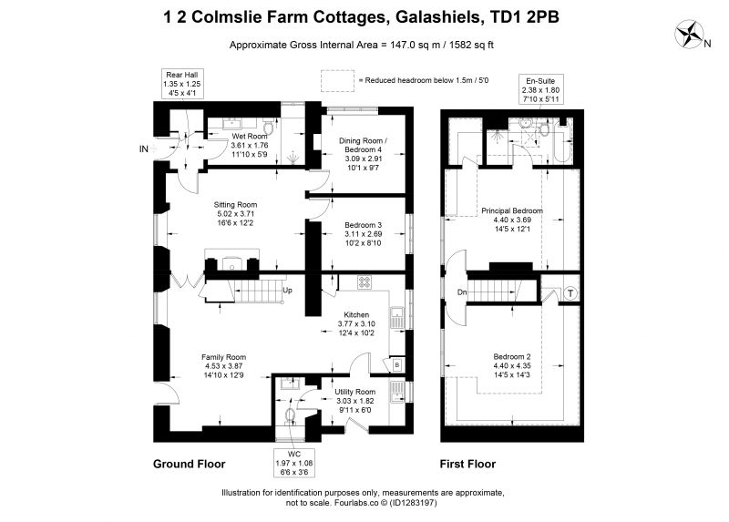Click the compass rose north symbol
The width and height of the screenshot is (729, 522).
[x=690, y=34]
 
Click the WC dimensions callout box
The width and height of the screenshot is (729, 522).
[x=294, y=463]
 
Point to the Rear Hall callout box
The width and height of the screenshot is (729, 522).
[x=181, y=84]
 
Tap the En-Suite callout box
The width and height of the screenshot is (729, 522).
[x=540, y=89]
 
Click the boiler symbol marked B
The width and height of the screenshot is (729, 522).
[x=397, y=365]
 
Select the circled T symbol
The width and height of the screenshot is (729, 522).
[x=570, y=293]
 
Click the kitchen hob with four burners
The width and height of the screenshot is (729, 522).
[x=364, y=282]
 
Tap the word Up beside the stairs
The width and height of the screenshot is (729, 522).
[x=287, y=290]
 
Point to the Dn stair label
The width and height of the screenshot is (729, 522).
[x=462, y=292]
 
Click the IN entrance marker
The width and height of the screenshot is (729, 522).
[x=144, y=148]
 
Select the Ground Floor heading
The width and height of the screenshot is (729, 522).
[x=190, y=464]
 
